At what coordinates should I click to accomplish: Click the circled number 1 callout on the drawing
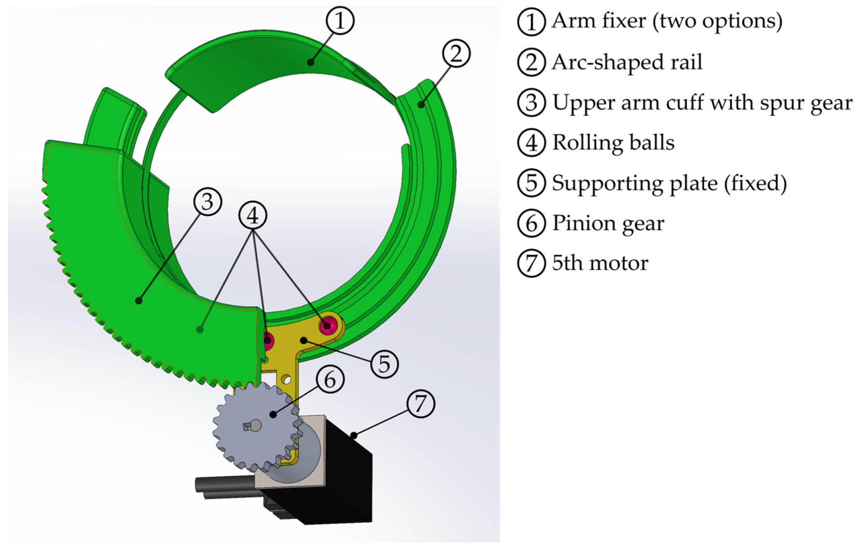[x=340, y=20]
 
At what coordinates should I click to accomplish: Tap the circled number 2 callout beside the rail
[x=456, y=53]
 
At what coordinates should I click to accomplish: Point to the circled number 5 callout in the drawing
[x=384, y=364]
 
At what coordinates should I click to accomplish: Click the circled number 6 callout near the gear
[x=330, y=379]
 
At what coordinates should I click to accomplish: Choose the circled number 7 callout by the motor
[x=421, y=404]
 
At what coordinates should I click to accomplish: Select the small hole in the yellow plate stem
[x=286, y=378]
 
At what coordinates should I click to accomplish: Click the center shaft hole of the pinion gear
[x=256, y=425]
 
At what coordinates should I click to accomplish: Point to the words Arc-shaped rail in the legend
[x=627, y=62]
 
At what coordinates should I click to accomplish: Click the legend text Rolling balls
[x=613, y=143]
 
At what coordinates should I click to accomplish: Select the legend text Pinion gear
[x=608, y=223]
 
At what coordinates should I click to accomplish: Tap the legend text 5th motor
[x=600, y=263]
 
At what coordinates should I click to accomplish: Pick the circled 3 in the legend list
[x=531, y=103]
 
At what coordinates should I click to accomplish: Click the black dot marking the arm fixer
[x=310, y=62]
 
